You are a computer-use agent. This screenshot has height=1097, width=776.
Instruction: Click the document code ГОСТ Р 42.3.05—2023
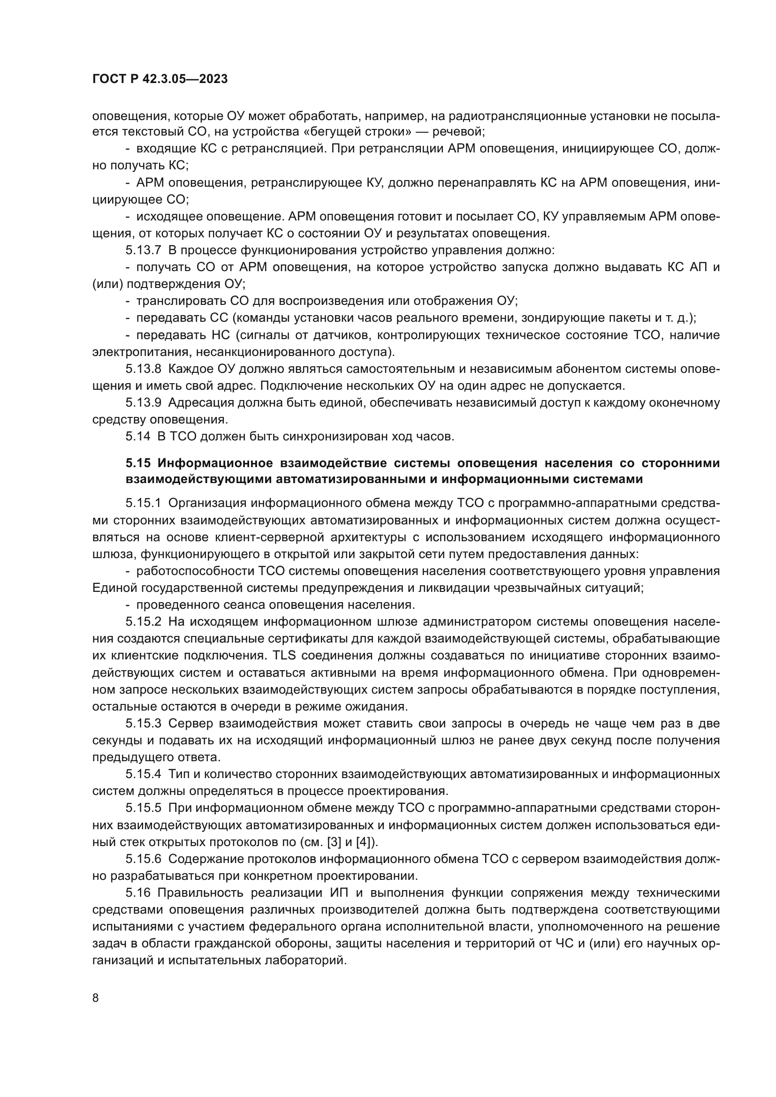pos(160,79)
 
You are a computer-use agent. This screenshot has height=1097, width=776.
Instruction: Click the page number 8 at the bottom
pos(96,998)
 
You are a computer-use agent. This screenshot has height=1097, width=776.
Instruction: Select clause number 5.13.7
pos(144,250)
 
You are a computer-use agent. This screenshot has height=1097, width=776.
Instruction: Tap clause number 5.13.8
pos(144,369)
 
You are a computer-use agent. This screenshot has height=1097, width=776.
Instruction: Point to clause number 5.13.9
pos(144,403)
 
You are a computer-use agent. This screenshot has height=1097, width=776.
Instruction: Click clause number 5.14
pos(137,436)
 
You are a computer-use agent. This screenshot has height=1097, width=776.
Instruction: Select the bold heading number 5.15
pos(138,463)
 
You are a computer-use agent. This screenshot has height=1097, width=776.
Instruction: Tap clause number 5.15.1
pos(144,503)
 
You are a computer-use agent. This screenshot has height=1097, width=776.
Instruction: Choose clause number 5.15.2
pos(144,621)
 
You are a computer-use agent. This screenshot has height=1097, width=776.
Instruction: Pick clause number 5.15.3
pos(144,723)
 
